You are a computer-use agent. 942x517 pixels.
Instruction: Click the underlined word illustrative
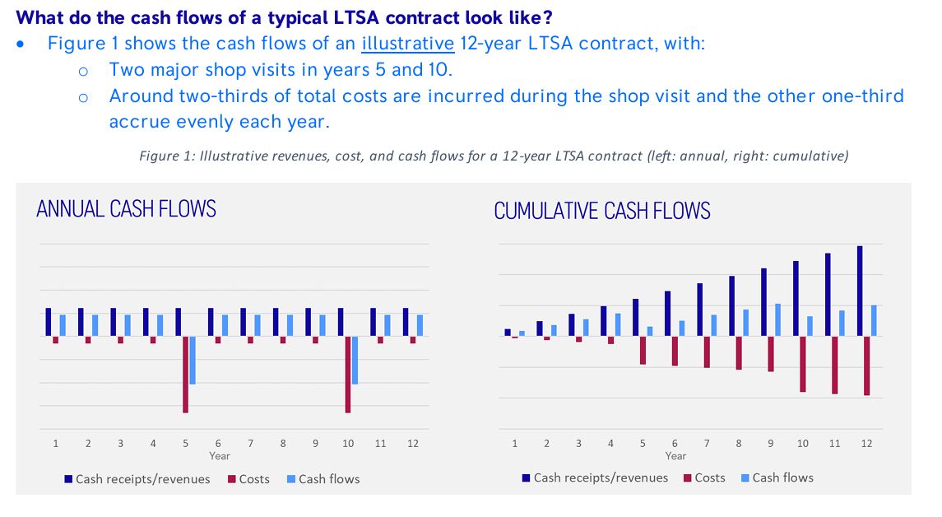coord(408,44)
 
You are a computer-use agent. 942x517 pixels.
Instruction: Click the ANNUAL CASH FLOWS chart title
coord(126,208)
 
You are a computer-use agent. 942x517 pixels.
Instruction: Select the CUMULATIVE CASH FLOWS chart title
coord(601,211)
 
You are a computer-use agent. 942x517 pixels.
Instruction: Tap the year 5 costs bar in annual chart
coord(186,374)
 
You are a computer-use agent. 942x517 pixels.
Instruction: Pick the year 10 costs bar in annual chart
coord(348,374)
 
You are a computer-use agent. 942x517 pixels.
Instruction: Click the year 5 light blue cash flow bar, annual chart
coord(193,360)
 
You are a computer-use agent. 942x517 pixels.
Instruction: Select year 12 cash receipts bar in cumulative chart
coord(860,291)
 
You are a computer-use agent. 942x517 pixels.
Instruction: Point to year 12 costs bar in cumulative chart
coord(866,366)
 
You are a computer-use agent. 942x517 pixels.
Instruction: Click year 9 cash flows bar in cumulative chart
coord(777,319)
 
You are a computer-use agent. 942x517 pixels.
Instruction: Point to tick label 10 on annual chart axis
coord(348,443)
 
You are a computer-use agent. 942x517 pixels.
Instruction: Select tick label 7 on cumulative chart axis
coord(707,443)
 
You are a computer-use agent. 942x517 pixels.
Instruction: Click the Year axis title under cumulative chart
coord(675,455)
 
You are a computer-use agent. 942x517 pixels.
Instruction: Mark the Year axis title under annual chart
coord(220,455)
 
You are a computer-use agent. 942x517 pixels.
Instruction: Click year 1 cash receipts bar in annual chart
coord(49,322)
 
